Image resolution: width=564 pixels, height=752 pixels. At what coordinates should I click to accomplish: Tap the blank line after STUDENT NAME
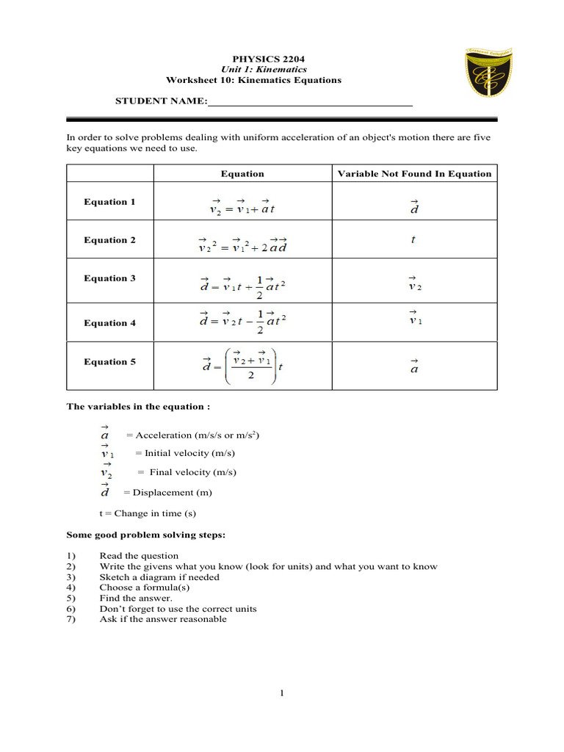(x=310, y=101)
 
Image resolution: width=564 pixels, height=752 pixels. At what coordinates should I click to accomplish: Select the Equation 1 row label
(x=109, y=202)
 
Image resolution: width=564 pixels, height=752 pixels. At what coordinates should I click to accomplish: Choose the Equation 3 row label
(x=109, y=278)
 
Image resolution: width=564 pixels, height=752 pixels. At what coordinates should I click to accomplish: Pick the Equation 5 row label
(x=109, y=361)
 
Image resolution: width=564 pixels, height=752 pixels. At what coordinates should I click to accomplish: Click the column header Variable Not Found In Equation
(x=414, y=174)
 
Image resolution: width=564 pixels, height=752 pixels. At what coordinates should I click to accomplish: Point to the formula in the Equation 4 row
(x=242, y=322)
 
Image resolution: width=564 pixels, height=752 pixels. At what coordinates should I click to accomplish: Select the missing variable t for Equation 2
(x=414, y=239)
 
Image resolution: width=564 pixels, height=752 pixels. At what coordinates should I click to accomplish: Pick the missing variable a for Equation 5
(x=414, y=366)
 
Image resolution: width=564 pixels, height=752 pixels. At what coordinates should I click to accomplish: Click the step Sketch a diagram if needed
(x=159, y=577)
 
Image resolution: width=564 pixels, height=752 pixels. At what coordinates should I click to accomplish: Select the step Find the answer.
(x=136, y=598)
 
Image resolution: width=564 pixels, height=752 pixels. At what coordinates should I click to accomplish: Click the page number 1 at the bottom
(x=281, y=693)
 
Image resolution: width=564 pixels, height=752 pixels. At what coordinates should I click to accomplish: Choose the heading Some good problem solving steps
(x=146, y=535)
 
